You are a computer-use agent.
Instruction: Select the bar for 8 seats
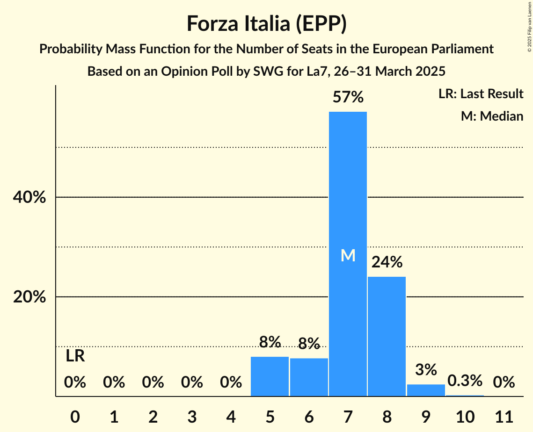tap(387, 336)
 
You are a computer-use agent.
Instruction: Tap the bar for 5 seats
tap(270, 376)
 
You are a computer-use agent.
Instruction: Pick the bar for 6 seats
tap(309, 377)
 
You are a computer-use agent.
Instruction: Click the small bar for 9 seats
tap(426, 390)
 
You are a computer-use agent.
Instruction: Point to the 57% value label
tap(348, 97)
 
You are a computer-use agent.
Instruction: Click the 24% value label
tap(387, 262)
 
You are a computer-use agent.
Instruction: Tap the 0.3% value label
tap(465, 381)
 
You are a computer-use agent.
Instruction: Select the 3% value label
tap(426, 370)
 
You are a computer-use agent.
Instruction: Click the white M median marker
tap(348, 255)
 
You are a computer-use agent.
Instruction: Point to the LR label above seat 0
tap(75, 356)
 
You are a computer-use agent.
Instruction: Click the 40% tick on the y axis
tap(29, 197)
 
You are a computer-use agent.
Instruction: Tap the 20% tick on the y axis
tap(29, 297)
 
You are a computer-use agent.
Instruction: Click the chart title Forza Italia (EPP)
tap(266, 23)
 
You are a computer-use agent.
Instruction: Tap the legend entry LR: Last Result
tap(481, 94)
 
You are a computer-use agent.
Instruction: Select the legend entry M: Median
tap(492, 116)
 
